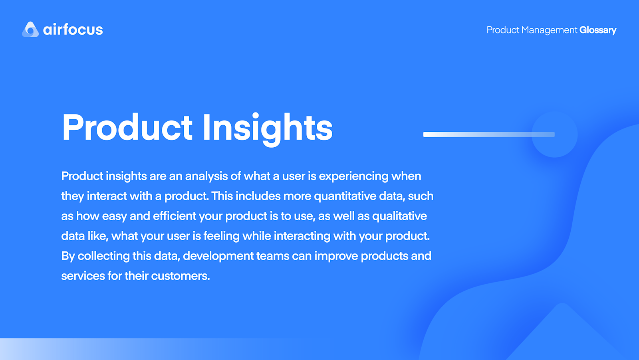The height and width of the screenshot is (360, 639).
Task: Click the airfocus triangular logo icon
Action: pos(30,30)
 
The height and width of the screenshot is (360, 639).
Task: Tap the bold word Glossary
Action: pos(597,30)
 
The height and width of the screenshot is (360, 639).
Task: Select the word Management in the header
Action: pos(549,30)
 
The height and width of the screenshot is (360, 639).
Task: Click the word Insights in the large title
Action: pos(267,128)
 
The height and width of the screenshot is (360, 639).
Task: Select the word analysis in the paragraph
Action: pos(206,176)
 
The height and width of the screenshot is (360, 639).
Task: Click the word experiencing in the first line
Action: pos(353,176)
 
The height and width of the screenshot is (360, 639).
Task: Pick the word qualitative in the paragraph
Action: pos(399,216)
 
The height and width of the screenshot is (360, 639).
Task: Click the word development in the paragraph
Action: pos(218,256)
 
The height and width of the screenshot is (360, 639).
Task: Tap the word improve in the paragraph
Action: pos(336,256)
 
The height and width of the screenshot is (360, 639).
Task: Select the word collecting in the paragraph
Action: pos(104,256)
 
